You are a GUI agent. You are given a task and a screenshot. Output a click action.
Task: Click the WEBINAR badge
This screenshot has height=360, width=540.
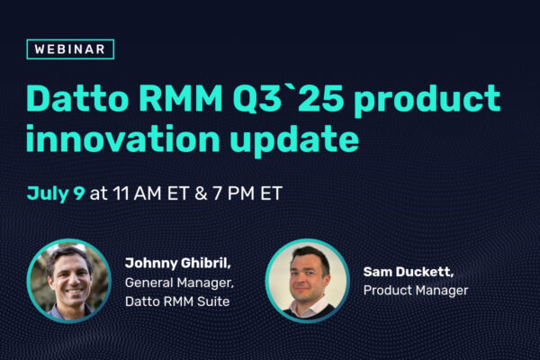(x=70, y=49)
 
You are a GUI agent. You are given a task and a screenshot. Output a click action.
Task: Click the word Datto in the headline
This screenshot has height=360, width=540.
(x=77, y=99)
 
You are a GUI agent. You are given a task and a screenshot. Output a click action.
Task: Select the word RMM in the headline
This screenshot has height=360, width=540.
(x=181, y=99)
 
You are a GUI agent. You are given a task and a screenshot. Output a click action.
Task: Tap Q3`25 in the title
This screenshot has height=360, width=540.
(x=288, y=99)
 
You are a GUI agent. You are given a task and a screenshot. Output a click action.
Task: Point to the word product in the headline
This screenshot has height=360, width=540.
(x=427, y=100)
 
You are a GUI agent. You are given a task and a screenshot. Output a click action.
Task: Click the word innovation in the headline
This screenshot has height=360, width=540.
(x=123, y=139)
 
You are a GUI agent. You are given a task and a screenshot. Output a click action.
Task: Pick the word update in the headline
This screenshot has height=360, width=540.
(x=295, y=140)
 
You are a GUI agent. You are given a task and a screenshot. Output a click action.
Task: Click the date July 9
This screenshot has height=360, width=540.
(x=56, y=193)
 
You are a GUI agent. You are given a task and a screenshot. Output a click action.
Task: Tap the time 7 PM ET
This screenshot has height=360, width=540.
(x=247, y=193)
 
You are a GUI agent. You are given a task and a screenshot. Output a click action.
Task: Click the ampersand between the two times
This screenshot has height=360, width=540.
(x=201, y=193)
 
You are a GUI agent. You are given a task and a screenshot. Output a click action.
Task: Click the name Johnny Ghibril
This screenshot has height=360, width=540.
(x=177, y=263)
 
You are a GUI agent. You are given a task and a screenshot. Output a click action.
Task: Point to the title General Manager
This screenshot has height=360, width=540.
(x=179, y=283)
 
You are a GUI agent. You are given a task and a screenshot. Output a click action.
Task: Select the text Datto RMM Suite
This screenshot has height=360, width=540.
(x=177, y=301)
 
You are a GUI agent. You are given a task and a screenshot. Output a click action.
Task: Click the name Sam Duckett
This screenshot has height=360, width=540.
(x=409, y=272)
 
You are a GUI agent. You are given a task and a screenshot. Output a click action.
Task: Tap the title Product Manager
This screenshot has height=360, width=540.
(x=416, y=291)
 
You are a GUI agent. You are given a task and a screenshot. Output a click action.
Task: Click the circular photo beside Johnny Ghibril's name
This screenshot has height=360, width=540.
(x=69, y=281)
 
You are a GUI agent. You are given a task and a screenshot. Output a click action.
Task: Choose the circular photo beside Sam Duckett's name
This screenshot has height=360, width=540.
(x=308, y=281)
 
